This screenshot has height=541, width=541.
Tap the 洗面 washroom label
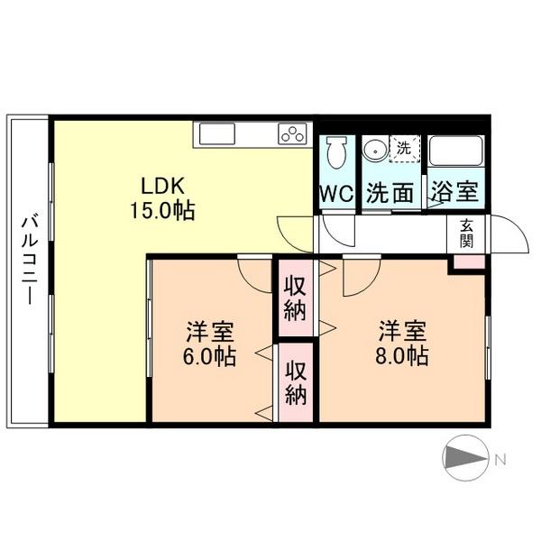pos(390,193)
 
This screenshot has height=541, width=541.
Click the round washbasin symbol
pos(372,151)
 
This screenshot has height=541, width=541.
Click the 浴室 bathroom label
pos(454,193)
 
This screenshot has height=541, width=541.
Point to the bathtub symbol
pos(456,151)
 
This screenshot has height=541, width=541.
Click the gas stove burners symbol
pos(293,134)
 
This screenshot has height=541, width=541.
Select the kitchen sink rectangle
pos(216,134)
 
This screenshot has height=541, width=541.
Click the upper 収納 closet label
pos(295,298)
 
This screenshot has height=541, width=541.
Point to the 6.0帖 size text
pos(209,355)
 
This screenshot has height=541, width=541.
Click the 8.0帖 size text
pos(401,355)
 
